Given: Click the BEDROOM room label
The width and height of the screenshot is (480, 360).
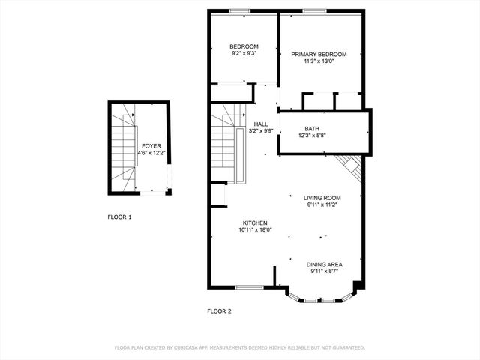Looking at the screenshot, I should (244, 46).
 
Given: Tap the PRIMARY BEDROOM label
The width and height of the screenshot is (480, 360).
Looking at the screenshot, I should (319, 55).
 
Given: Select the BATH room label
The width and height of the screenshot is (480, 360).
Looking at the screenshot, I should (312, 128).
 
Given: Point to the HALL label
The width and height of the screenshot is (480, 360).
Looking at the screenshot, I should (261, 124).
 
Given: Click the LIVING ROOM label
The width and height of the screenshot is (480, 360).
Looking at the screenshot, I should (322, 198).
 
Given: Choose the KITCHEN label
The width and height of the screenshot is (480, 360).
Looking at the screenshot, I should (256, 223).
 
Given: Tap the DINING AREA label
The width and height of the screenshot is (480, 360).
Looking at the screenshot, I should (325, 264).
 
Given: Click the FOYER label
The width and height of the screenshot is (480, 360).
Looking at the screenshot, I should (151, 146).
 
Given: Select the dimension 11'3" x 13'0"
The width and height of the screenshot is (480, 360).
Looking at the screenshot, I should (319, 61).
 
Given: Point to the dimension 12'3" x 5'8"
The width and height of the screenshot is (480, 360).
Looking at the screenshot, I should (312, 135).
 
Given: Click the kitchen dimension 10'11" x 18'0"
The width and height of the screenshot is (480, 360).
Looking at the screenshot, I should (256, 230).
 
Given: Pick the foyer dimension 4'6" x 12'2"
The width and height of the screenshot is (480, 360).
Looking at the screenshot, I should (151, 153).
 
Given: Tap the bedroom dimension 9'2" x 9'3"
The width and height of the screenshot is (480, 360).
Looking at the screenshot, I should (244, 53).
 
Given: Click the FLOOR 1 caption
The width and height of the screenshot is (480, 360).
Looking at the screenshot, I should (119, 217).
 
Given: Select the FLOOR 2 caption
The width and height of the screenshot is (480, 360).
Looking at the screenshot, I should (219, 310).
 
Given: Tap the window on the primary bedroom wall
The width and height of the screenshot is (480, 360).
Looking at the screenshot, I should (314, 10).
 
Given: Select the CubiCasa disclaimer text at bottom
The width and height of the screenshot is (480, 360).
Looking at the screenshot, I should (239, 348).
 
